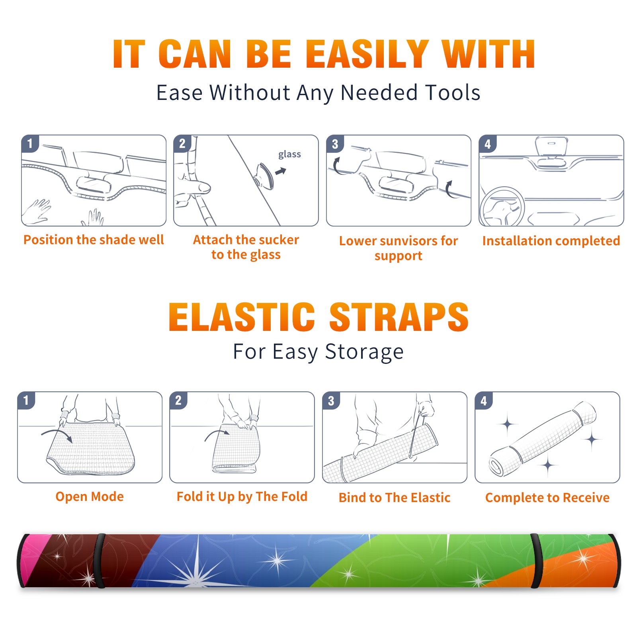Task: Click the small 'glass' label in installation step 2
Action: coord(289,154)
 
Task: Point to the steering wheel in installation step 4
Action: coord(502,207)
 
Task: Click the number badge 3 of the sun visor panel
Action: coord(335,144)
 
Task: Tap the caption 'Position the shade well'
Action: coord(94,240)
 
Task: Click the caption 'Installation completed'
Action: coord(551,240)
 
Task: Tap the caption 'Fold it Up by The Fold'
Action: coord(242,496)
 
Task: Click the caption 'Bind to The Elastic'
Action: coord(395,498)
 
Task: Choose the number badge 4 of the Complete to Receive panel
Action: coord(484,401)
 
